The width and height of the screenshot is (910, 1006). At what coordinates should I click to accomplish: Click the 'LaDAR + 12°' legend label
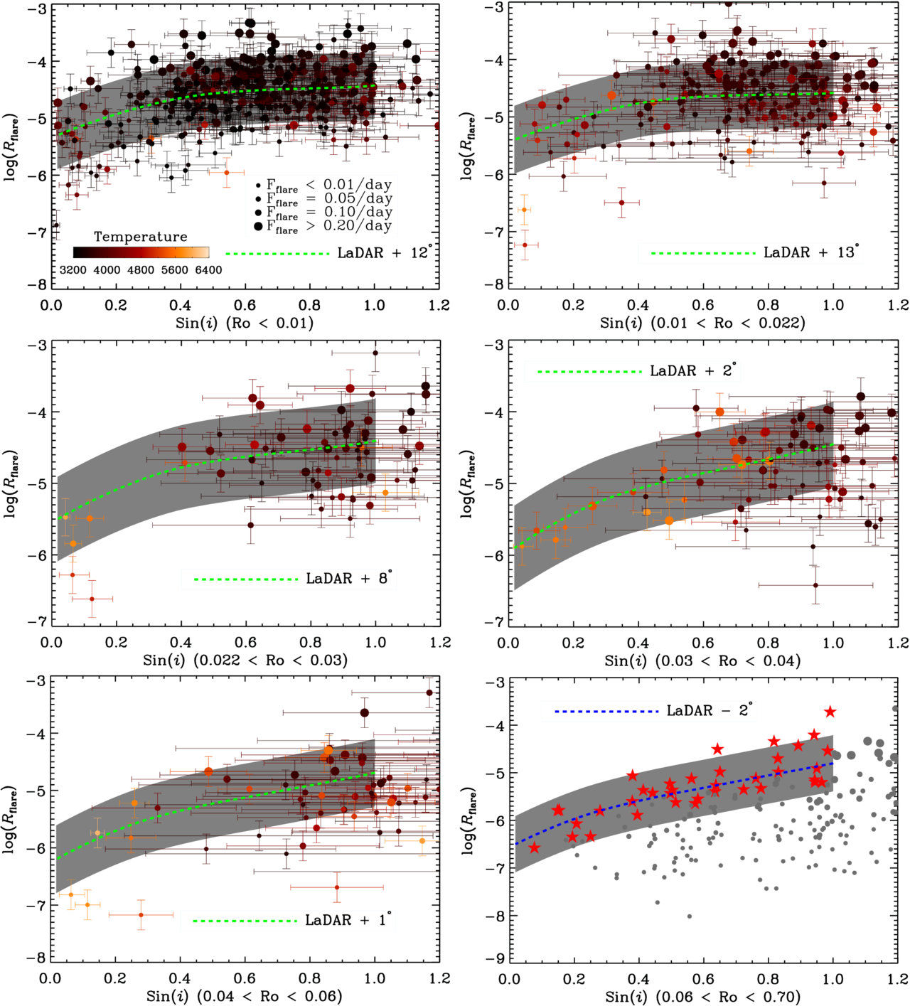(384, 253)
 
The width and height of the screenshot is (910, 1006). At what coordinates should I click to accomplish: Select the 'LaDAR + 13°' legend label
(810, 252)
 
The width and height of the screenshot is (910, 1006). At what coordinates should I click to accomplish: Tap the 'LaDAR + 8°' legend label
(348, 579)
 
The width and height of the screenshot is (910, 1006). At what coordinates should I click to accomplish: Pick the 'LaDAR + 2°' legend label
(692, 371)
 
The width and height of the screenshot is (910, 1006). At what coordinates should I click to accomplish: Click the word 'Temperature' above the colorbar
(141, 237)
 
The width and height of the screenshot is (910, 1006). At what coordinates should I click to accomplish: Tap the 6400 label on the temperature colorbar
(208, 270)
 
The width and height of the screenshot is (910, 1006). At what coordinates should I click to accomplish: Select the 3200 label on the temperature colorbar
(73, 270)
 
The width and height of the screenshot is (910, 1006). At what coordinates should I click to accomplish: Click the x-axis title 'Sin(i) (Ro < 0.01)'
(244, 323)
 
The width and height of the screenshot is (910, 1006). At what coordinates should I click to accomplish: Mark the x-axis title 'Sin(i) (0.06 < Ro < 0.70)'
(703, 997)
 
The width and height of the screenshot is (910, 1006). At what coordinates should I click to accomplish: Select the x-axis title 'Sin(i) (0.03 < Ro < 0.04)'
(702, 660)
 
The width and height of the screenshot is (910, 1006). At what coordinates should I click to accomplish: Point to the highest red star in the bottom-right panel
(830, 712)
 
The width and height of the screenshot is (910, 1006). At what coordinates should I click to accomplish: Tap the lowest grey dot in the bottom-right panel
(690, 916)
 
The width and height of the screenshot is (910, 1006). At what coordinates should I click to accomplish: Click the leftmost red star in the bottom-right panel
(535, 847)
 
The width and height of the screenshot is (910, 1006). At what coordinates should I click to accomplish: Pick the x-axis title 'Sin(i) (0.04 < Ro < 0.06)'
(244, 996)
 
